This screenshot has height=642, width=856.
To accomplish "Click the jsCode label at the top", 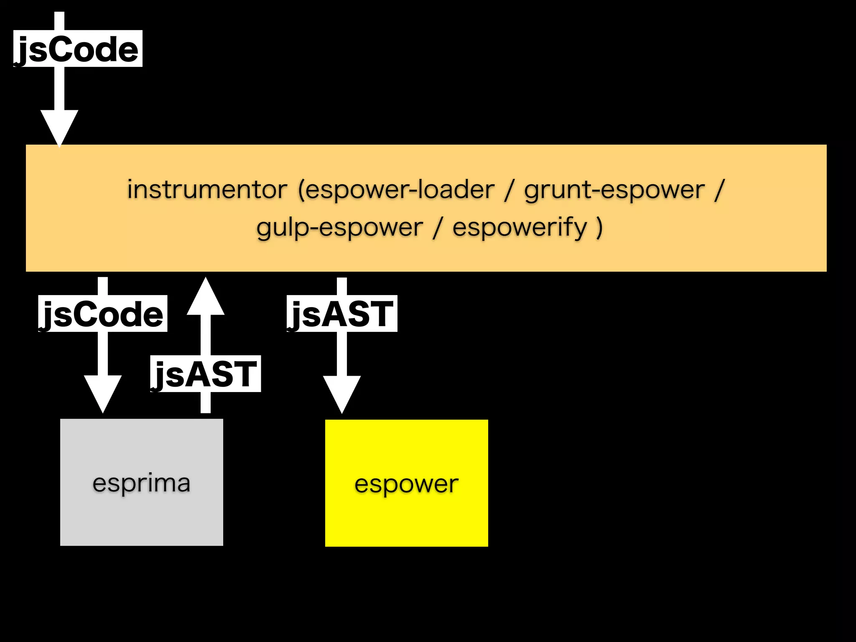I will pyautogui.click(x=78, y=49).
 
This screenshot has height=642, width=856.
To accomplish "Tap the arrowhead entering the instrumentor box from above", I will pyautogui.click(x=59, y=127).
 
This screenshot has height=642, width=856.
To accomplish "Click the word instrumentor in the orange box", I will pyautogui.click(x=207, y=189).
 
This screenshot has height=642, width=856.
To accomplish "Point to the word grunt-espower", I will pyautogui.click(x=614, y=189).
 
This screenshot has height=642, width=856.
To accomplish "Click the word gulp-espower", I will pyautogui.click(x=340, y=228).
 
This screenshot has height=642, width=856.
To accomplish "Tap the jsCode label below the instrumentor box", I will pyautogui.click(x=102, y=314).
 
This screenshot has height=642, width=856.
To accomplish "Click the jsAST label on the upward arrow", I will pyautogui.click(x=205, y=374).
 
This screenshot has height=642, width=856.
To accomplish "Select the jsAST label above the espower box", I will pyautogui.click(x=341, y=314).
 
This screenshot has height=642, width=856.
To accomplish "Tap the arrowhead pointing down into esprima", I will pyautogui.click(x=103, y=393).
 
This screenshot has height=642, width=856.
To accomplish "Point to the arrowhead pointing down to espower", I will pyautogui.click(x=342, y=393).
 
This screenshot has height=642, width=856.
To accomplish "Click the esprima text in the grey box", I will pyautogui.click(x=141, y=483).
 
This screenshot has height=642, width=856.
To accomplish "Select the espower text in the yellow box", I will pyautogui.click(x=406, y=484).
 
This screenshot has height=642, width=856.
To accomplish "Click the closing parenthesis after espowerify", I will pyautogui.click(x=599, y=228).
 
